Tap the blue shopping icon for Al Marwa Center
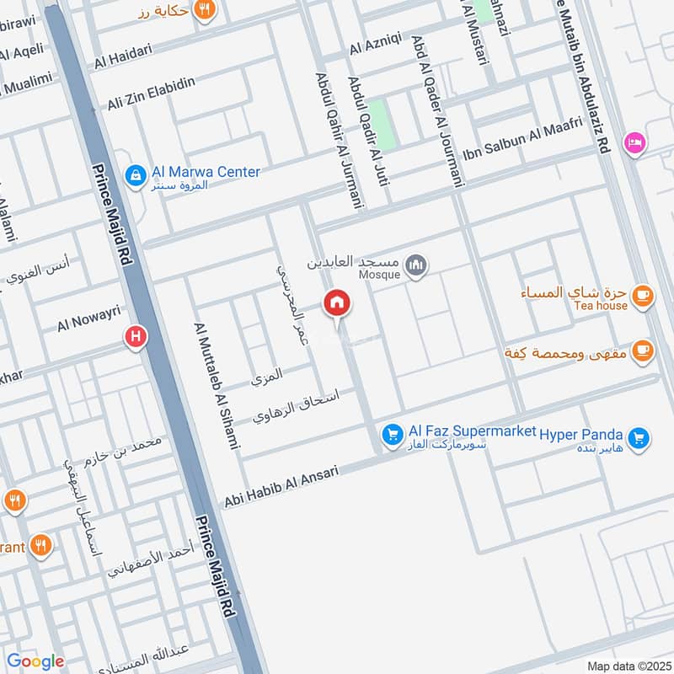click(x=134, y=175)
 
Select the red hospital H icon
click(x=135, y=339)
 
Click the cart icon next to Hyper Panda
click(x=640, y=436)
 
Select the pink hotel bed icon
click(x=634, y=142)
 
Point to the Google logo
click(x=35, y=661)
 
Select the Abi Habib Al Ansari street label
click(x=281, y=487)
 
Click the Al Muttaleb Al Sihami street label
click(x=217, y=385)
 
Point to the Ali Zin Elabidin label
click(x=152, y=93)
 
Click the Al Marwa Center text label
click(x=206, y=172)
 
